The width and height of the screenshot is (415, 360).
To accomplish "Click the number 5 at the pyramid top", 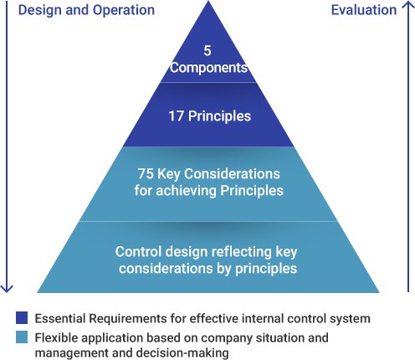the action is click(x=207, y=50).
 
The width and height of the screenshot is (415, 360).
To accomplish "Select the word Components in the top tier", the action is click(x=209, y=68).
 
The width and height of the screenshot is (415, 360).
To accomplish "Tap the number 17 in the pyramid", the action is click(x=176, y=116).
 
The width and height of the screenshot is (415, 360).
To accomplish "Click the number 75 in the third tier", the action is click(x=146, y=173).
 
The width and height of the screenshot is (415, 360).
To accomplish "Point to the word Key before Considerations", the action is click(x=169, y=174).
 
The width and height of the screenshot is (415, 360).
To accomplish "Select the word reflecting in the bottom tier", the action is click(x=242, y=252).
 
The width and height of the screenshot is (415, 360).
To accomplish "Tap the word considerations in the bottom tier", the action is click(x=166, y=269).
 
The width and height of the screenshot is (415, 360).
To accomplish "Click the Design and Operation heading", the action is click(x=86, y=10).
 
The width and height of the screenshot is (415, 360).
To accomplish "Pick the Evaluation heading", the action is click(x=364, y=10).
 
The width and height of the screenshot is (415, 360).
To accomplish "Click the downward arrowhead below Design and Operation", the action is click(x=7, y=289).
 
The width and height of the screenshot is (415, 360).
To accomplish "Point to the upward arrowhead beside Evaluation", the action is click(x=408, y=6).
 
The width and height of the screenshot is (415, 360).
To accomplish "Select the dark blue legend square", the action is click(x=22, y=317).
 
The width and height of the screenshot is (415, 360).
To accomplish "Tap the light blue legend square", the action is click(x=22, y=337).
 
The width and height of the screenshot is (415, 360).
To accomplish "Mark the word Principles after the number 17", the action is click(x=219, y=116).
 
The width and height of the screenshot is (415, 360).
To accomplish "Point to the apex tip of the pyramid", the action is click(x=208, y=1).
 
